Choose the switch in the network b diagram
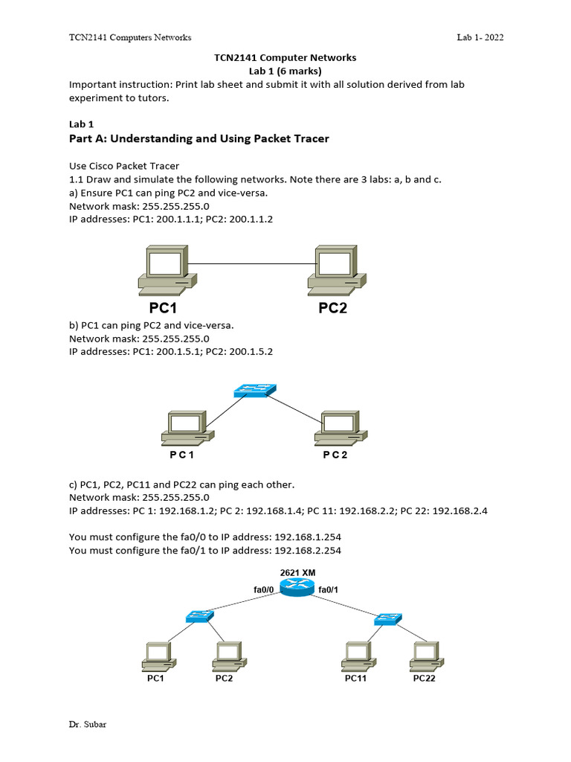(254, 391)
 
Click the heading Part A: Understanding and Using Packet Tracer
(199, 138)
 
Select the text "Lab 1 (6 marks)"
(285, 71)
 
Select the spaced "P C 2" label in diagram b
(335, 455)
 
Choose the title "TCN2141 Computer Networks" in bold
(285, 57)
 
